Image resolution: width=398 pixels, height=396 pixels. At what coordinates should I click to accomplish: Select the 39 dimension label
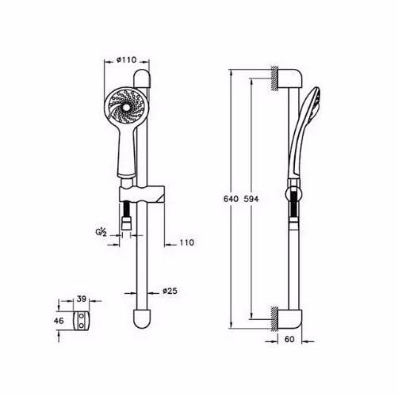(82, 300)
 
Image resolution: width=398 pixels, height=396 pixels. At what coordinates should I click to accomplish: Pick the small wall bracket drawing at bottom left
(82, 322)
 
